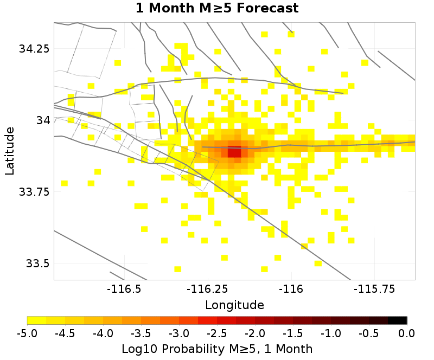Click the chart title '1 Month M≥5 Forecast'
coord(217,8)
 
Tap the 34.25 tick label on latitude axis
coord(34,49)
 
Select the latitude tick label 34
coord(42,120)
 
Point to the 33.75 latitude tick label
coord(34,192)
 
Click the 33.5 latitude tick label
coord(37,263)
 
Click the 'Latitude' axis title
coord(10,151)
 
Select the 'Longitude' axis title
coord(234,305)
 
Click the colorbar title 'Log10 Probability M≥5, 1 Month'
coord(217,348)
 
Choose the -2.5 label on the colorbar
coord(217,332)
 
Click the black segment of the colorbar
coord(398,320)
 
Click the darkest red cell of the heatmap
coord(234,153)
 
